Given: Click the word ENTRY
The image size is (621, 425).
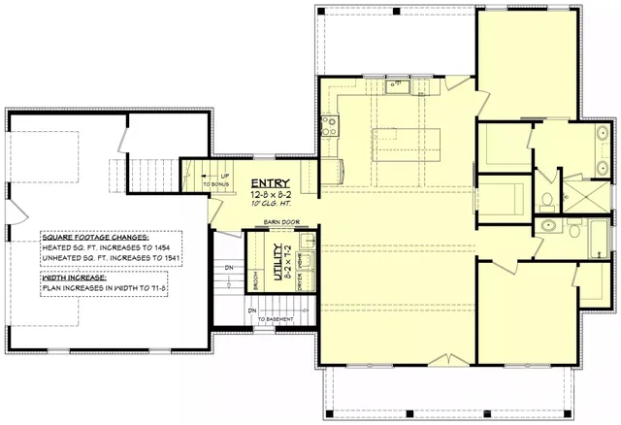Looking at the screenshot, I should pyautogui.click(x=269, y=183).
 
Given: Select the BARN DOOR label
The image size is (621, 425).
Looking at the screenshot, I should pyautogui.click(x=282, y=222).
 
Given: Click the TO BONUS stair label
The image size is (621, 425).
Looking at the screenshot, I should pyautogui.click(x=216, y=183).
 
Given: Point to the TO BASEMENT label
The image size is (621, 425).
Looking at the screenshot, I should pyautogui.click(x=277, y=317).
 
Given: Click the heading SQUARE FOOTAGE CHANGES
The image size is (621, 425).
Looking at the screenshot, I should pyautogui.click(x=95, y=237).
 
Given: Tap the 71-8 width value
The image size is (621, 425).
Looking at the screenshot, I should pyautogui.click(x=160, y=289).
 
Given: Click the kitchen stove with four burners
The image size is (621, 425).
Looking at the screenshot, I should pyautogui.click(x=329, y=124).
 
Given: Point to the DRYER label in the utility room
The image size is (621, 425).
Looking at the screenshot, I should pyautogui.click(x=300, y=282).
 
